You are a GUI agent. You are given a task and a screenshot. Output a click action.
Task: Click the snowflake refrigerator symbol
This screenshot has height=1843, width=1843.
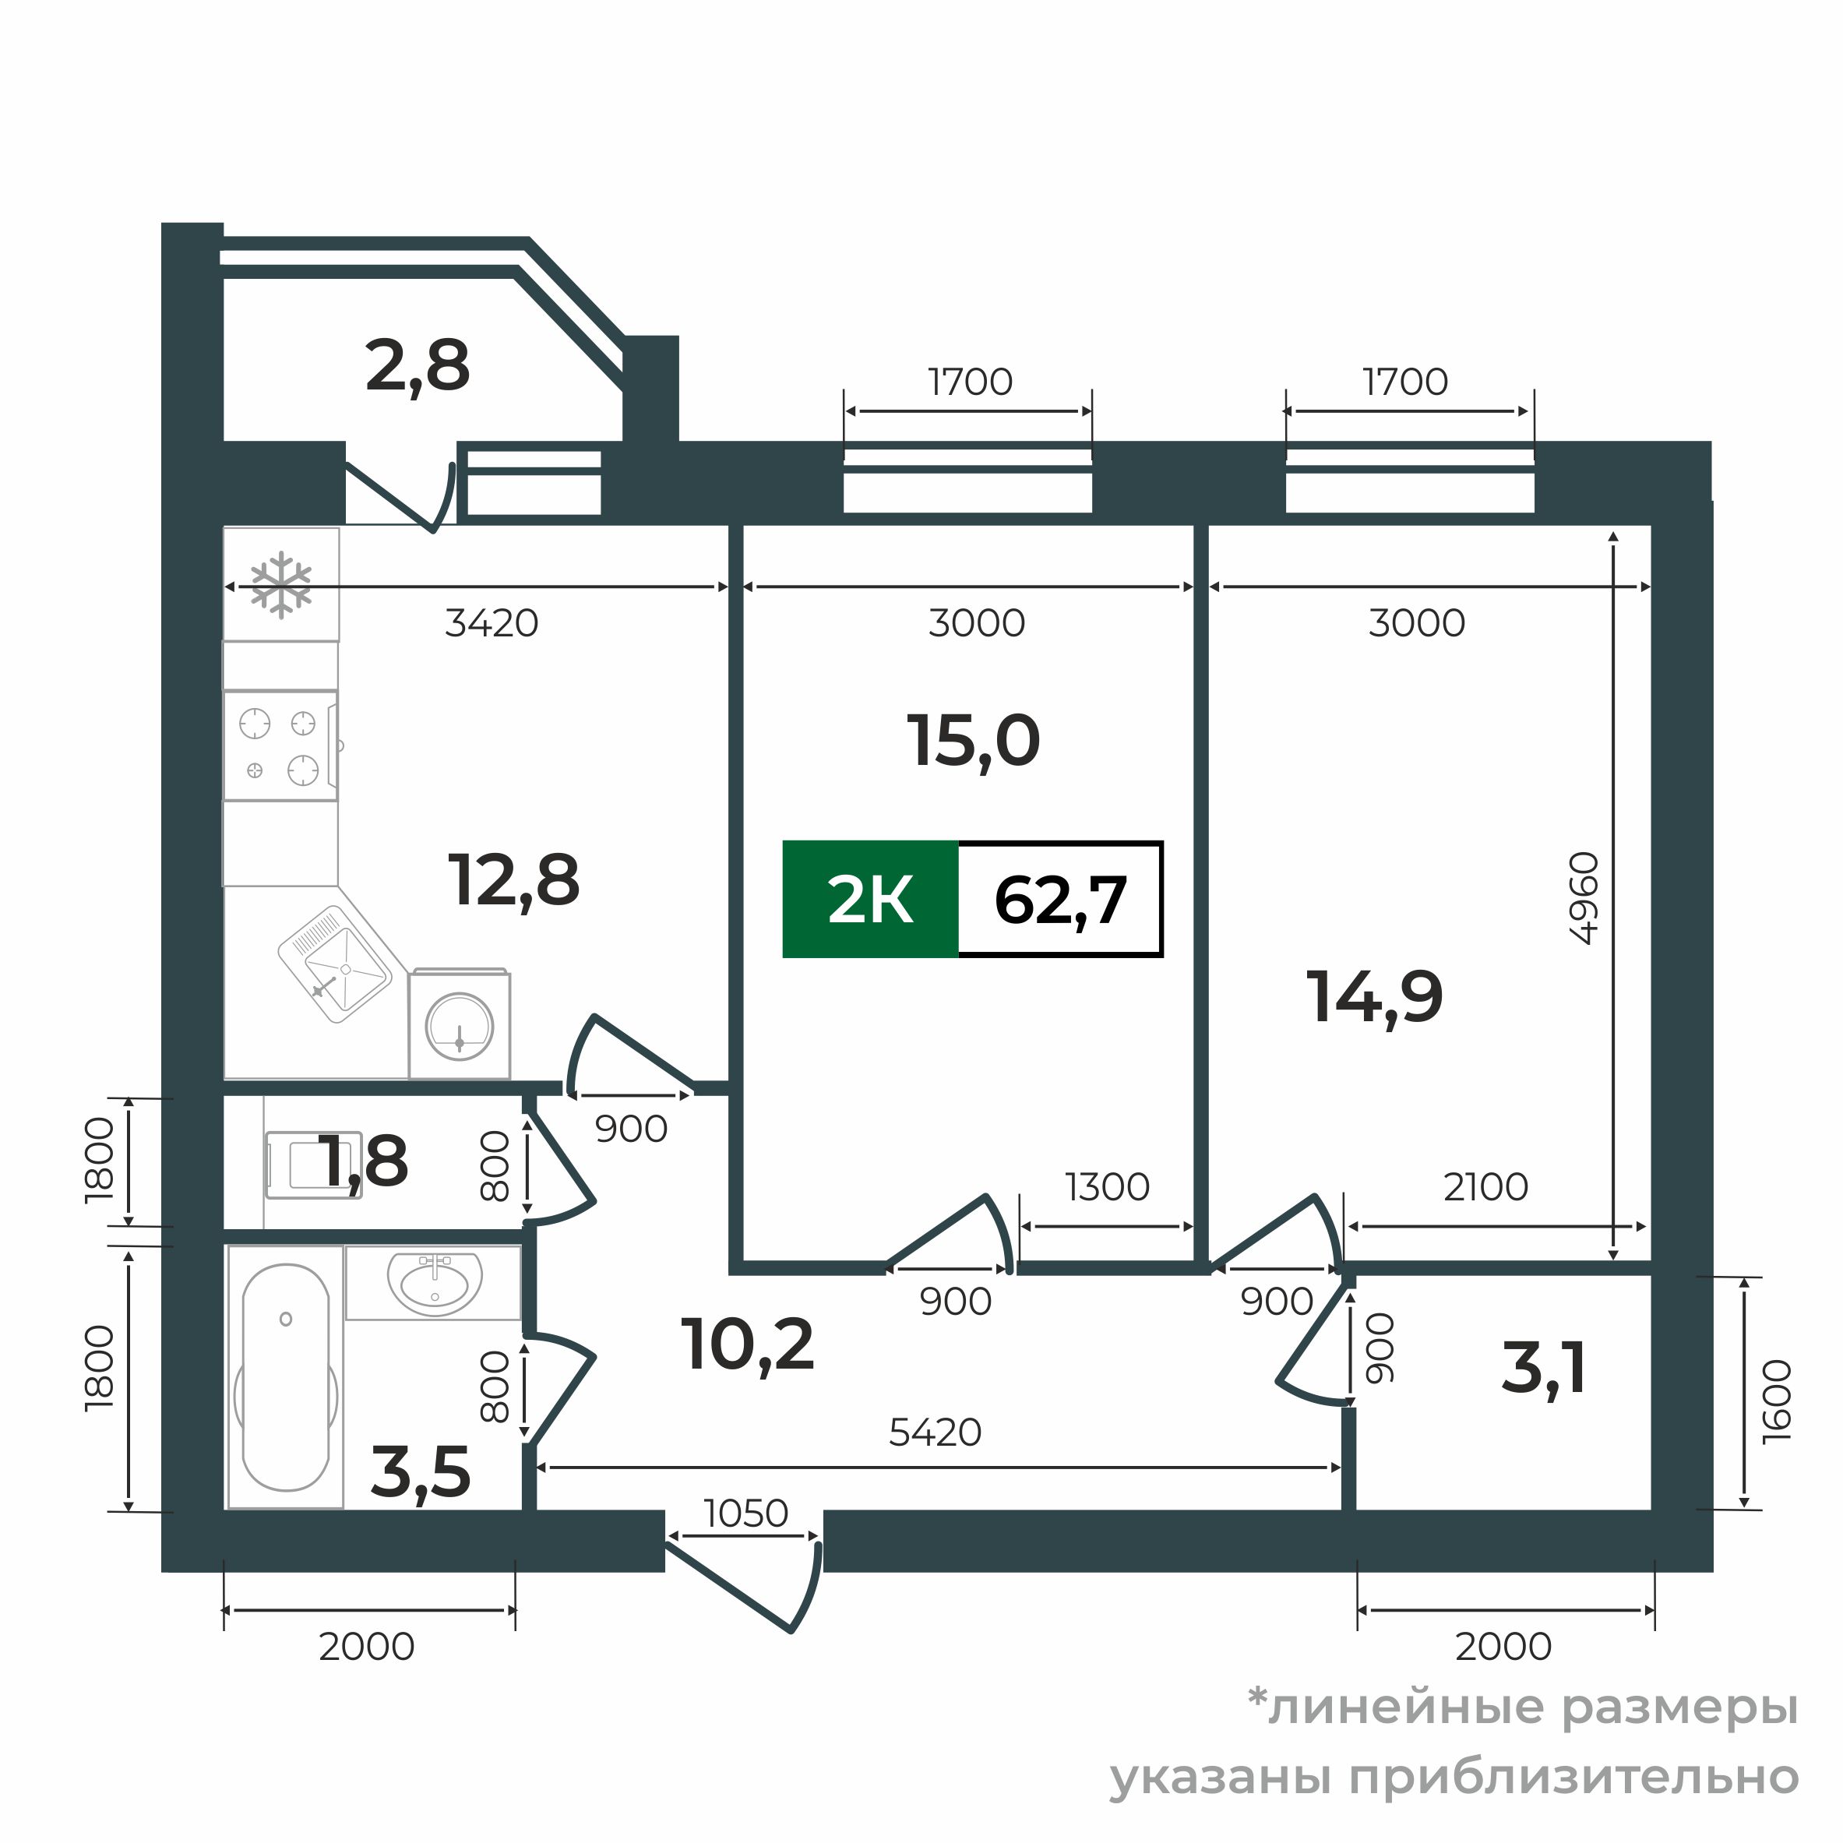tap(280, 583)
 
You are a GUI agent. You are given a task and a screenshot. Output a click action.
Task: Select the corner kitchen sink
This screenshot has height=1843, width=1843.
tap(335, 964)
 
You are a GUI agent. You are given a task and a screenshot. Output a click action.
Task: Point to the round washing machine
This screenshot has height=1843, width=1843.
tap(459, 1025)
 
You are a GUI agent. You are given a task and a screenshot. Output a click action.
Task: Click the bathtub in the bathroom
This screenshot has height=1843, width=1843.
tap(285, 1376)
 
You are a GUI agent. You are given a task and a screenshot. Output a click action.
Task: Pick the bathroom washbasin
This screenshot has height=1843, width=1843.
tap(434, 1283)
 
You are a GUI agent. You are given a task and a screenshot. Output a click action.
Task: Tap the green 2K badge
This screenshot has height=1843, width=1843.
tap(870, 900)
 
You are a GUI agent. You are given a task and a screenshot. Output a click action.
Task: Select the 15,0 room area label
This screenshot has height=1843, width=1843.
tap(973, 742)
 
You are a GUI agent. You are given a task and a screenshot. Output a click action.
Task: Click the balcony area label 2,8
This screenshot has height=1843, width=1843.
tap(418, 367)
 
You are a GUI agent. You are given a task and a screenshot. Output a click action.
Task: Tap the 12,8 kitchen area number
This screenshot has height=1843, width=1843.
tap(513, 880)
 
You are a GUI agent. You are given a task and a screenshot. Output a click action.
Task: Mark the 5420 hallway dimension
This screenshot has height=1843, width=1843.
tap(935, 1432)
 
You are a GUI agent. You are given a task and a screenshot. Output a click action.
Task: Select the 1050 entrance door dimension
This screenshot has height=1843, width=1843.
tap(746, 1513)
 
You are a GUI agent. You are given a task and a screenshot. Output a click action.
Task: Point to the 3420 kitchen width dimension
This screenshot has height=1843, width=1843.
tap(492, 623)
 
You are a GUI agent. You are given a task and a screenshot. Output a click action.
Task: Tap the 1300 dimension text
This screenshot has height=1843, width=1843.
tap(1108, 1186)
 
